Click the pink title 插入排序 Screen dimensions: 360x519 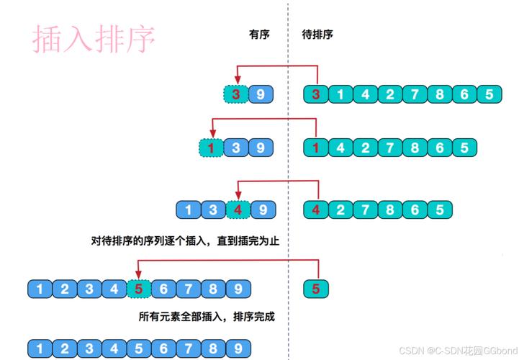pos(94,40)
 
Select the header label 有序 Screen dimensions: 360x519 pos(259,34)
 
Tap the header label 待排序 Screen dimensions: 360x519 pos(317,34)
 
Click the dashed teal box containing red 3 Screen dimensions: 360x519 pos(235,94)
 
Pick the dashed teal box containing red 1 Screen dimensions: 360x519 pos(211,148)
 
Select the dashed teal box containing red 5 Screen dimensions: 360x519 pos(138,289)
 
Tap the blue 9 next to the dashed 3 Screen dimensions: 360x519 pos(261,94)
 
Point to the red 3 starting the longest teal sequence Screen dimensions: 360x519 pos(317,94)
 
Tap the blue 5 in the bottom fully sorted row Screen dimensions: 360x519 pos(138,348)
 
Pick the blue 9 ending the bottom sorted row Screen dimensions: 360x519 pos(237,348)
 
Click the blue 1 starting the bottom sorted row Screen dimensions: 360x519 pos(40,348)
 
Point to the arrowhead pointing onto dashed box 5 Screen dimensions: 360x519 pos(138,274)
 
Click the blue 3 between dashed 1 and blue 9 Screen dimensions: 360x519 pos(236,148)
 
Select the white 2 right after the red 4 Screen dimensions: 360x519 pos(341,210)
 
